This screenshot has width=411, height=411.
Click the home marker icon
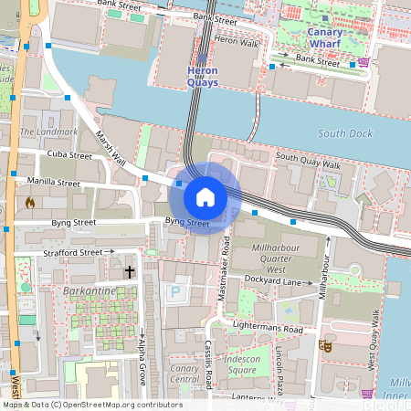[205, 196]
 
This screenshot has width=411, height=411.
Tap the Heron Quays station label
[202, 77]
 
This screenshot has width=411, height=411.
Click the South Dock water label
[344, 133]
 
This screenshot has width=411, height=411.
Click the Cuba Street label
[70, 156]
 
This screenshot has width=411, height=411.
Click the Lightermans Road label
[268, 329]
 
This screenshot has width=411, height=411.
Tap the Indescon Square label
[242, 364]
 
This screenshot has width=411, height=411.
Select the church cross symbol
[130, 272]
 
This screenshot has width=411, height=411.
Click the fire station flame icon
[30, 203]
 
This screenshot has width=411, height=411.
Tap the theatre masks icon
[324, 346]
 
